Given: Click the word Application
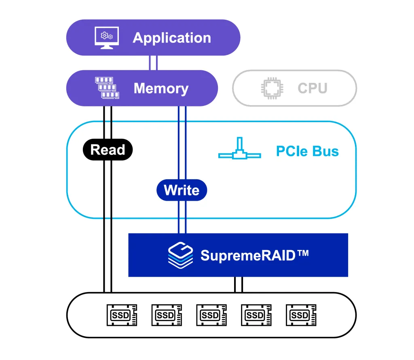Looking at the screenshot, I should pos(172,38).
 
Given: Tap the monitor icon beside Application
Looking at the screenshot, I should pos(106,38).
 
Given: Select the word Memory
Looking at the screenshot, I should pos(161,88).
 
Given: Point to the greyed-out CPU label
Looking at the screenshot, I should pos(312,88).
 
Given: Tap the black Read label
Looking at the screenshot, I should pos(108,150).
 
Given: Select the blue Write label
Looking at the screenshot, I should pos(182,190).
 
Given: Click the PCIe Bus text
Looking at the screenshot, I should pos(307,151).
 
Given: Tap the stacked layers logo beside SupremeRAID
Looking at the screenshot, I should pos(181,255).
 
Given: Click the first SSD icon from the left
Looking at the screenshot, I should pos(121,315).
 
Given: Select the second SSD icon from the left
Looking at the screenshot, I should pos(166,315).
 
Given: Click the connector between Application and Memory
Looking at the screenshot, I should pos(153,63).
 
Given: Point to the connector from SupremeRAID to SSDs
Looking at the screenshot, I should pos(239,284).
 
